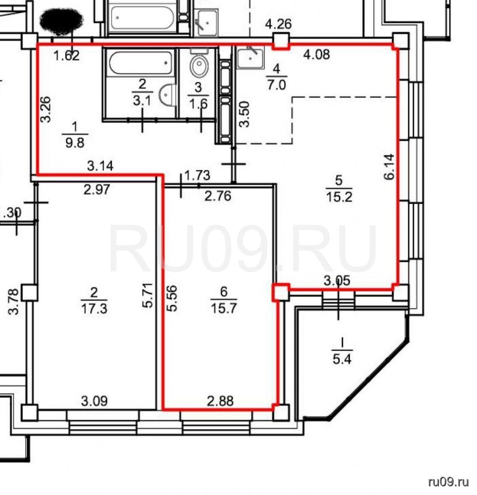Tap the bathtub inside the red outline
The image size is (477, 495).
140,63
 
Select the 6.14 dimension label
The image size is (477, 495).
390,166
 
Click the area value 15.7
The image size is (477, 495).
224,308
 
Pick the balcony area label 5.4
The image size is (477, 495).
342,359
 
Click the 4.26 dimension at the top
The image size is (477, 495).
278,24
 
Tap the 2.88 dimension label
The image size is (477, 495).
220,401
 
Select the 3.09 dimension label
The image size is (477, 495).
94,401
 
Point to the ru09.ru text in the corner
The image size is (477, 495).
449,482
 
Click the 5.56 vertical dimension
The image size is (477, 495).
172,298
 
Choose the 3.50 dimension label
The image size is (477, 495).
245,114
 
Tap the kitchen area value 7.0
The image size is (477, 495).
276,85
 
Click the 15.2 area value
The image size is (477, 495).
339,197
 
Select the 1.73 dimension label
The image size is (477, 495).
197,175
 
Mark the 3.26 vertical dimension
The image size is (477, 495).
46,109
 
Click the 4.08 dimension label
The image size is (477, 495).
317,54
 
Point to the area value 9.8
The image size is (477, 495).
75,143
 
